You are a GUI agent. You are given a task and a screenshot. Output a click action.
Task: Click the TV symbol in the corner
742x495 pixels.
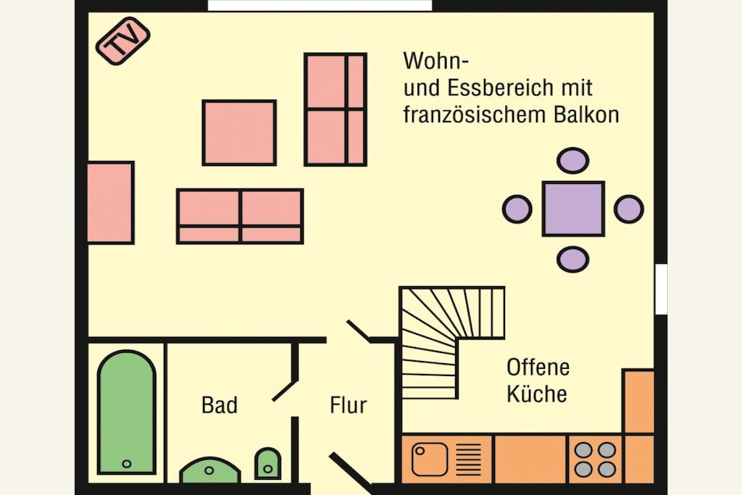click(x=123, y=41)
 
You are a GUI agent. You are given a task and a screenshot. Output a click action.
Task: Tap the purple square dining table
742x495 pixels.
click(x=573, y=209)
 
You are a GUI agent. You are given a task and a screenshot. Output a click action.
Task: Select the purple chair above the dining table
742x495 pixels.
click(x=573, y=160)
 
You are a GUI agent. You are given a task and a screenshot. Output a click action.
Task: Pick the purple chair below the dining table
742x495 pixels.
click(x=573, y=259)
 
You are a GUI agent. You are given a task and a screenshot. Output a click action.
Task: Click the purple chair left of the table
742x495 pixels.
click(x=517, y=209)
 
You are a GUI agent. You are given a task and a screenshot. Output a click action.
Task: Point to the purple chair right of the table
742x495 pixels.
click(x=629, y=209)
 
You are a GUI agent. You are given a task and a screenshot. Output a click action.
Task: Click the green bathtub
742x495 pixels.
click(x=126, y=412)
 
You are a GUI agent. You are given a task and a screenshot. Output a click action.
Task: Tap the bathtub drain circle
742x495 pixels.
click(x=126, y=464)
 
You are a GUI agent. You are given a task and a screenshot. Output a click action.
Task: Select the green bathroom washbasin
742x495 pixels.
click(x=209, y=470)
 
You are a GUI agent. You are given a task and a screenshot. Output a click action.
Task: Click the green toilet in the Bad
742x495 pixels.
click(x=268, y=464)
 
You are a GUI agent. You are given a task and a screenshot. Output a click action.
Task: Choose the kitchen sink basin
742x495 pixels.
click(x=429, y=459)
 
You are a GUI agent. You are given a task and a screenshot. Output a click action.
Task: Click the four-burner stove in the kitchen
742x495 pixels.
click(x=595, y=459)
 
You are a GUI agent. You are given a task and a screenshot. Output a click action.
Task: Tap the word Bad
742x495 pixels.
click(x=219, y=405)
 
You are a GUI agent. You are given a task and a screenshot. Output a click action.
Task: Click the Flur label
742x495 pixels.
click(x=349, y=405)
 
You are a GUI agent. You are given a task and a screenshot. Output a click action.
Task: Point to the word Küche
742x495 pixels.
click(x=537, y=394)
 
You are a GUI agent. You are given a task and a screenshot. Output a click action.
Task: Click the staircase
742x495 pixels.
click(x=445, y=331)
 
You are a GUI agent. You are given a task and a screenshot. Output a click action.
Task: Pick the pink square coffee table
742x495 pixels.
click(x=239, y=133)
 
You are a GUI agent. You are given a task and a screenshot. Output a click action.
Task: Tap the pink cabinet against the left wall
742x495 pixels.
click(x=111, y=202)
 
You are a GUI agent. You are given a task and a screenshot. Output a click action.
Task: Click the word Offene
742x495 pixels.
click(x=538, y=367)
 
